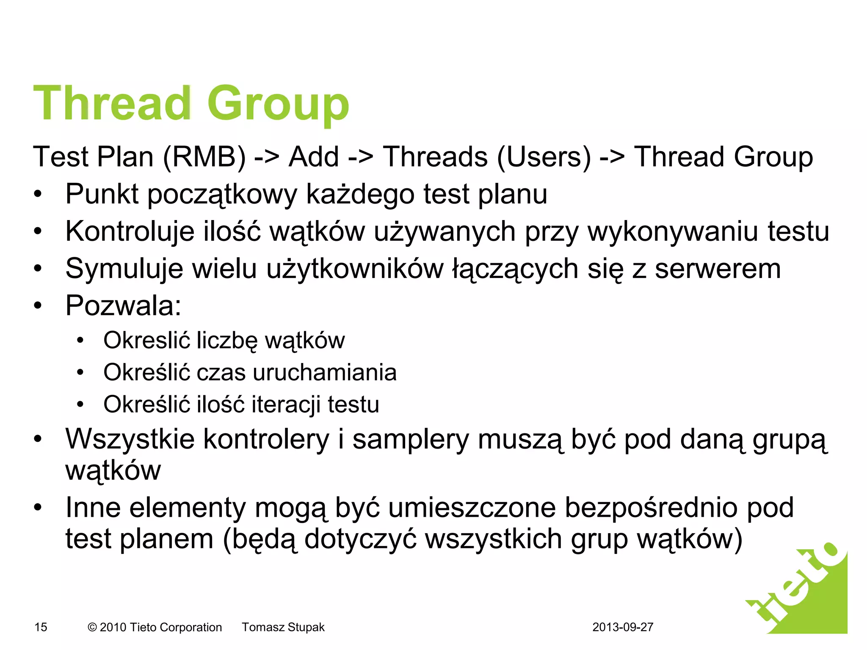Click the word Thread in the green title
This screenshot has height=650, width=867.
(112, 104)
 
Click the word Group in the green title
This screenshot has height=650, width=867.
(278, 104)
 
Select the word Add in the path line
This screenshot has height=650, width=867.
(314, 157)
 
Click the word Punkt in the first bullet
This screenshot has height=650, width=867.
(102, 194)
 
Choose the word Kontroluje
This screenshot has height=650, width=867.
(130, 231)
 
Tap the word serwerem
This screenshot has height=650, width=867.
(718, 269)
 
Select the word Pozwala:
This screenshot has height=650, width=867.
(123, 306)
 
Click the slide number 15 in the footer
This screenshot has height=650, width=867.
(41, 627)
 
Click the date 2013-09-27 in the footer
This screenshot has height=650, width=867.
(623, 627)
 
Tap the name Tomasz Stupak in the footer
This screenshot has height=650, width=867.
(283, 627)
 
